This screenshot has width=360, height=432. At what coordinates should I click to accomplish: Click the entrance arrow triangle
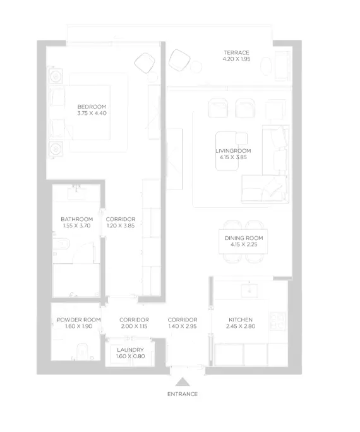(x=183, y=382)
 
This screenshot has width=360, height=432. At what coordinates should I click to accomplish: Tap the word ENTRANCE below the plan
(x=183, y=394)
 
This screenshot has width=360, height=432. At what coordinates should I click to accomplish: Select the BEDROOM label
(x=92, y=107)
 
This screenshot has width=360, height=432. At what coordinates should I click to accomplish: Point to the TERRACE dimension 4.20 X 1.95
(x=236, y=59)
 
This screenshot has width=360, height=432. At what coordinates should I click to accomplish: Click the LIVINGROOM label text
(x=233, y=151)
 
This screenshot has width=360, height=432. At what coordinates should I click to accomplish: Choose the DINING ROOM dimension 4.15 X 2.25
(x=244, y=244)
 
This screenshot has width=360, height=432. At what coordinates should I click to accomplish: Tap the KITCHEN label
(x=241, y=320)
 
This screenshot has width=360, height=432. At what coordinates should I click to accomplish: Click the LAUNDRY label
(x=130, y=350)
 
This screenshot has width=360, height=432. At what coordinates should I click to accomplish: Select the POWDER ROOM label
(x=78, y=320)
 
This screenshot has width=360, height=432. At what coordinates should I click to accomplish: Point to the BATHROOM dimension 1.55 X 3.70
(x=76, y=225)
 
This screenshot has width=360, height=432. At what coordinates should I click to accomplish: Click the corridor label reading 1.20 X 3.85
(x=121, y=225)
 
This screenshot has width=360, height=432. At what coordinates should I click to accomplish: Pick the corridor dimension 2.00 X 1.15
(x=134, y=326)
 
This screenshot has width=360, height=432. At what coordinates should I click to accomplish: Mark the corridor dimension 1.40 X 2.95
(x=183, y=326)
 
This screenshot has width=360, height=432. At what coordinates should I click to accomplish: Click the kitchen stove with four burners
(x=278, y=321)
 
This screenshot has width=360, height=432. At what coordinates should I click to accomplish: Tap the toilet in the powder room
(x=82, y=351)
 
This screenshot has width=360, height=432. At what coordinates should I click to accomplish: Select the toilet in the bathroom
(x=61, y=244)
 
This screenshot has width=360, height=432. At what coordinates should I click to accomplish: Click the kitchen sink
(x=249, y=291)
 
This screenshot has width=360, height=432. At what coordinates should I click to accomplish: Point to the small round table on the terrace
(x=196, y=67)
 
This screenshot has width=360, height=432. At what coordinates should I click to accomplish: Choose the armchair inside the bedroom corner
(x=145, y=63)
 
